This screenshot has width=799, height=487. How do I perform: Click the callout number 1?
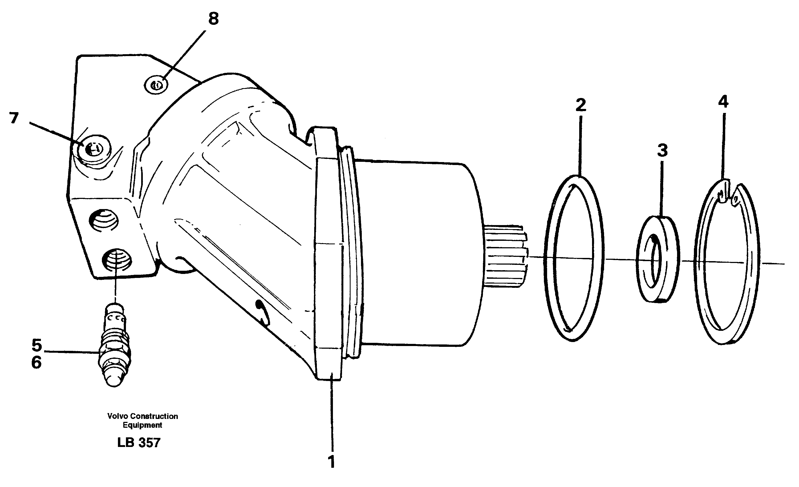331,462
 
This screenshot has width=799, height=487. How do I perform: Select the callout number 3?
662,151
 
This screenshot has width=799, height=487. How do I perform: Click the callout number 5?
37,345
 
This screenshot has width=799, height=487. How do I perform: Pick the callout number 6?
36,362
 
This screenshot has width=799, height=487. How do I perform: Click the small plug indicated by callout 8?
156,85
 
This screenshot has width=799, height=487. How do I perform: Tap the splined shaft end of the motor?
506,256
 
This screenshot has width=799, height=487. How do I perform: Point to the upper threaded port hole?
104,221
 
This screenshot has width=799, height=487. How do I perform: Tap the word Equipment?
142,425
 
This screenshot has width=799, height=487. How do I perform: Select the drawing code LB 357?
139,443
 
